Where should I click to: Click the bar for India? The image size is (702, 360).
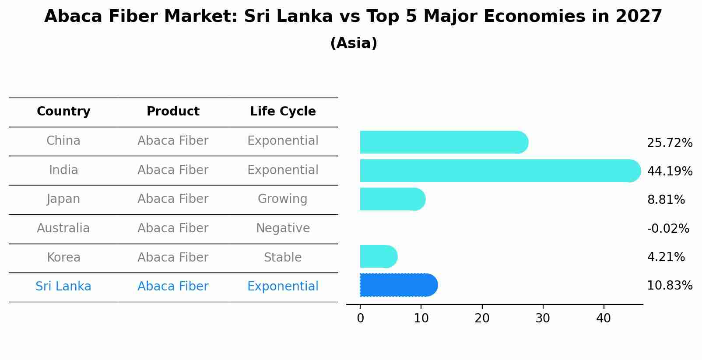(499, 171)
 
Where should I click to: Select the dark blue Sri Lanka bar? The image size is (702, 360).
(398, 285)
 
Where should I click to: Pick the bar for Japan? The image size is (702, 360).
(392, 199)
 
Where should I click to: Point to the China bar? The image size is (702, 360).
(443, 142)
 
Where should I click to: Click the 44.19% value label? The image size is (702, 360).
(669, 171)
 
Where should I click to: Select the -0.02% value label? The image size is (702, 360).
(668, 228)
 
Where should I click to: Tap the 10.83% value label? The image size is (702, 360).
(669, 286)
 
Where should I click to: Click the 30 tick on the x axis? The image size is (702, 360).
(543, 318)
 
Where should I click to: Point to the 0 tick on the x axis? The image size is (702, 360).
(360, 318)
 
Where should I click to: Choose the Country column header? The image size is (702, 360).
(63, 112)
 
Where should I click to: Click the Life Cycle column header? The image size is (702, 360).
(283, 112)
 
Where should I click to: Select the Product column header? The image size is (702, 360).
(173, 112)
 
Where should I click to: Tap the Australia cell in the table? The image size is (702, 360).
(63, 228)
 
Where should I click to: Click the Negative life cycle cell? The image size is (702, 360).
(283, 228)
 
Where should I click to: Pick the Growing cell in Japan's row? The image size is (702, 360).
(283, 199)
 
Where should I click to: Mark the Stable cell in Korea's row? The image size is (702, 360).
(283, 257)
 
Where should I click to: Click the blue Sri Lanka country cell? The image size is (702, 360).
(63, 287)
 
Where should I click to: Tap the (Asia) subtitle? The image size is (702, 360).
(354, 43)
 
